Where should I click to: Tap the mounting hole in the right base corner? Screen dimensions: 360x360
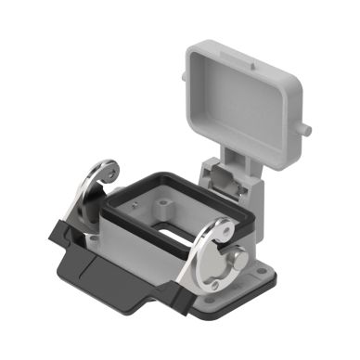[215, 312]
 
